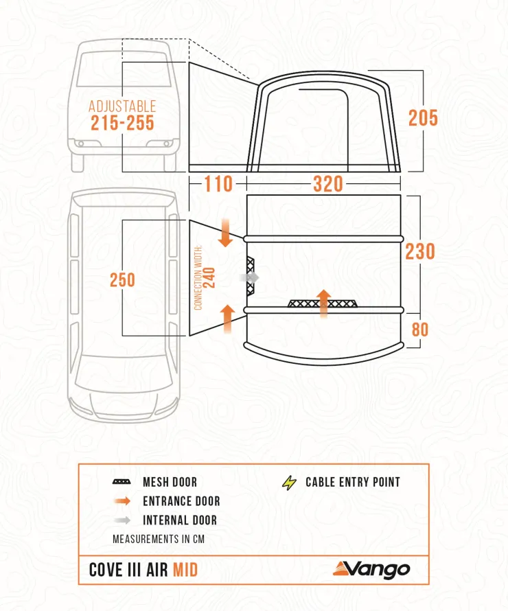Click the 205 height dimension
423,118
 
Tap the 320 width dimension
318,185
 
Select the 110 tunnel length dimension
218,185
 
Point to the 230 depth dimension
419,251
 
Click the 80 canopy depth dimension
419,330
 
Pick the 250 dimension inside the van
122,280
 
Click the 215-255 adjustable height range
122,124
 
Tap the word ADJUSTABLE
122,106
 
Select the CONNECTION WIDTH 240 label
204,278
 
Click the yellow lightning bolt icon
288,483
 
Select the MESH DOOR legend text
170,483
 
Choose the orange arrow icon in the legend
122,502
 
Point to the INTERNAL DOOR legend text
179,520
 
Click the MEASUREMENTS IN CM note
159,539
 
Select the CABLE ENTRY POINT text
352,483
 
